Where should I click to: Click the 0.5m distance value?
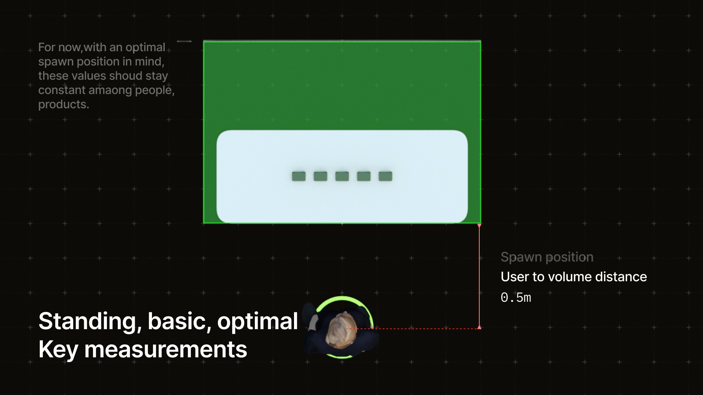coord(516,297)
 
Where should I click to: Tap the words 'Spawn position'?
coord(547,257)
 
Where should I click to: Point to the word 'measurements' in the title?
coord(165,349)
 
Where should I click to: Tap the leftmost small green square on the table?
coord(299,176)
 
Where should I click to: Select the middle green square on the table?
coord(342,176)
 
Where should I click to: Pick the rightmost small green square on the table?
coord(385,176)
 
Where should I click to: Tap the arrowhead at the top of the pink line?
coord(479,226)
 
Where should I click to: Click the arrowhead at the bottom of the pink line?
coord(479,327)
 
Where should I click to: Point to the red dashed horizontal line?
coord(413,329)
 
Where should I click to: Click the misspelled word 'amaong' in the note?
coord(111,90)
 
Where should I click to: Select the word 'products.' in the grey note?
coord(64,105)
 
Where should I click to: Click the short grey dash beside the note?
coord(184,41)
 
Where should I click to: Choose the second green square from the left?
coord(320,176)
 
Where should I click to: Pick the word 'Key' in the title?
coord(58,349)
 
